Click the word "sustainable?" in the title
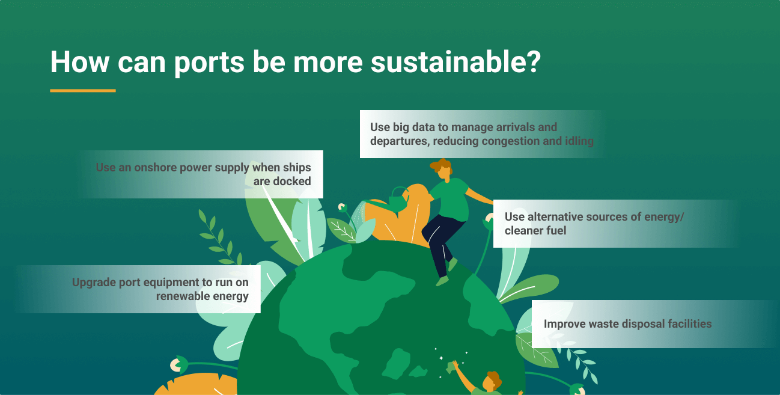tap(456, 62)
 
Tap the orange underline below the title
tap(83, 91)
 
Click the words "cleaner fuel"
tap(535, 231)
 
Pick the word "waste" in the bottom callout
tap(603, 324)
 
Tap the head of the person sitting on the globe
tap(442, 170)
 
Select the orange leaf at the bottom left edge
tap(197, 384)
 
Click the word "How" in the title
tap(80, 62)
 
